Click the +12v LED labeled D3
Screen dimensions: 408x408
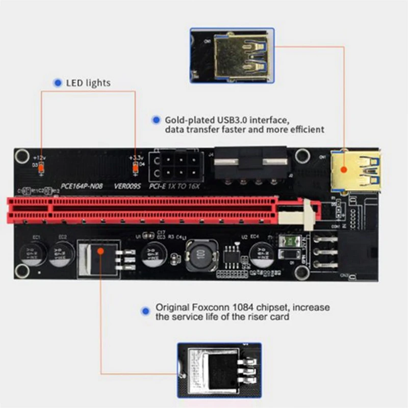click(x=41, y=166)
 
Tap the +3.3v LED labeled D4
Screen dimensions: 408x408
click(x=136, y=166)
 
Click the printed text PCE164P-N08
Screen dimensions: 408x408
click(x=82, y=186)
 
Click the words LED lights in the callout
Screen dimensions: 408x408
click(x=88, y=83)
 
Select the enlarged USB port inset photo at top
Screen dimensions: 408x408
click(x=232, y=56)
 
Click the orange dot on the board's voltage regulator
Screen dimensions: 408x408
click(x=101, y=250)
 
